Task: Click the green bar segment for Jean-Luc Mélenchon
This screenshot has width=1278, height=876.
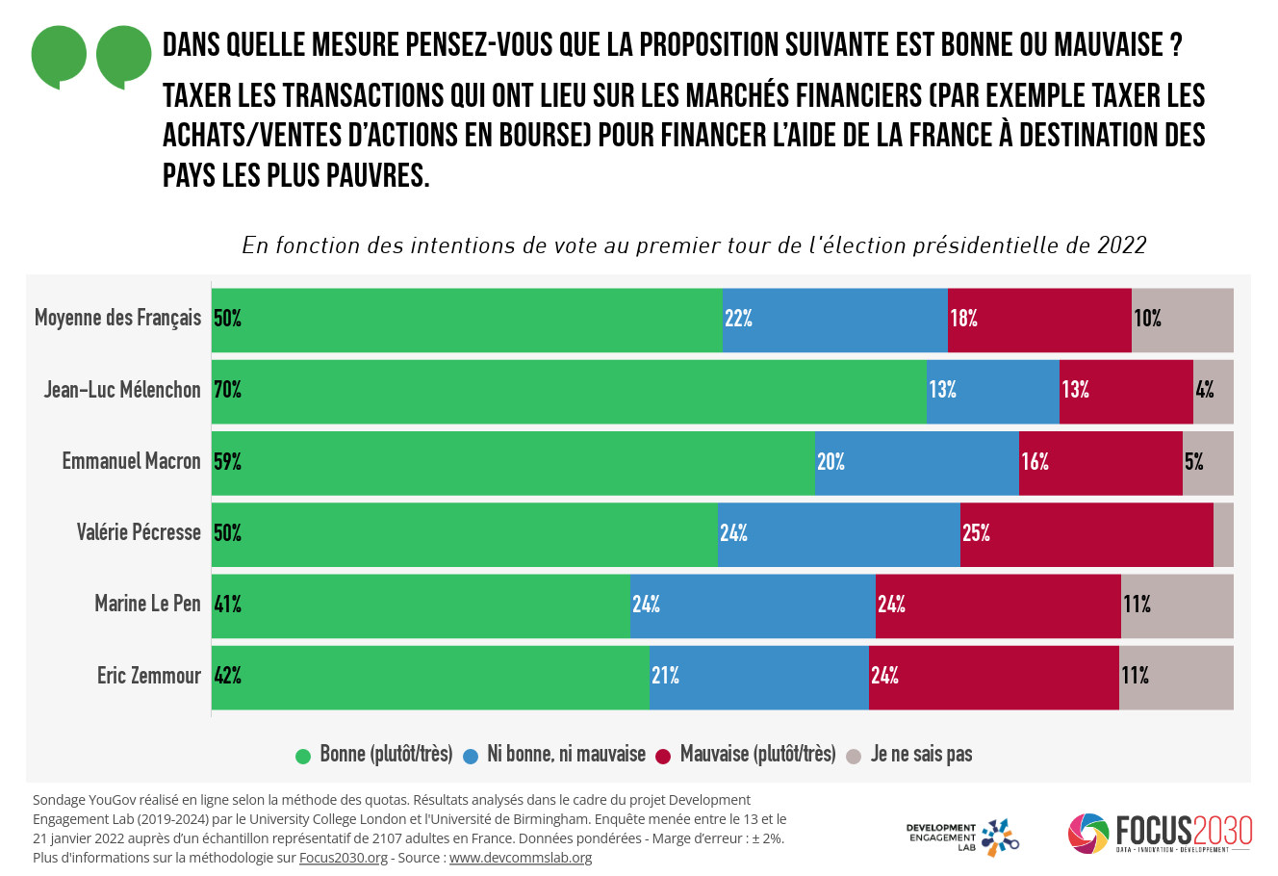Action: pyautogui.click(x=568, y=392)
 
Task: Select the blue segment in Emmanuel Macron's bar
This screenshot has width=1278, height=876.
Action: pyautogui.click(x=916, y=463)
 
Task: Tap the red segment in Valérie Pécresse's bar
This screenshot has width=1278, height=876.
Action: pyautogui.click(x=1086, y=534)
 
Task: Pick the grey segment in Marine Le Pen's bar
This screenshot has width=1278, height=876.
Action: pyautogui.click(x=1177, y=605)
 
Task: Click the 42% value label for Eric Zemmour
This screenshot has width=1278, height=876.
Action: pyautogui.click(x=227, y=676)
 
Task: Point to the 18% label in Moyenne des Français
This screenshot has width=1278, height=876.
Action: pyautogui.click(x=963, y=319)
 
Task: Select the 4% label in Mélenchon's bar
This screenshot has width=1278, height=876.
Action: pyautogui.click(x=1204, y=390)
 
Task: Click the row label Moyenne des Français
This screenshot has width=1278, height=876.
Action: pyautogui.click(x=117, y=318)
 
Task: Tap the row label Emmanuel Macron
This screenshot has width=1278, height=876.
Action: pyautogui.click(x=131, y=461)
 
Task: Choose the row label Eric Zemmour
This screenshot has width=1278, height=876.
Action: pyautogui.click(x=148, y=676)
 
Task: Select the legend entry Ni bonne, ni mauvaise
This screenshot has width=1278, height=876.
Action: pyautogui.click(x=566, y=754)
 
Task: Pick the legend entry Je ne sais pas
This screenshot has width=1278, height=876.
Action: pyautogui.click(x=921, y=754)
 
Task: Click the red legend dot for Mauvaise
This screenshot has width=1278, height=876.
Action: pyautogui.click(x=663, y=757)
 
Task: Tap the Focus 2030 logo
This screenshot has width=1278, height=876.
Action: pyautogui.click(x=1160, y=834)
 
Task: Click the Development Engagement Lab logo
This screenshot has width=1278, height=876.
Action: pyautogui.click(x=962, y=837)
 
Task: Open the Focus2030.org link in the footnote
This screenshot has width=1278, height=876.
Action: pyautogui.click(x=343, y=858)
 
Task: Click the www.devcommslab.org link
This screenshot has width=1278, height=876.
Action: pyautogui.click(x=520, y=858)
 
